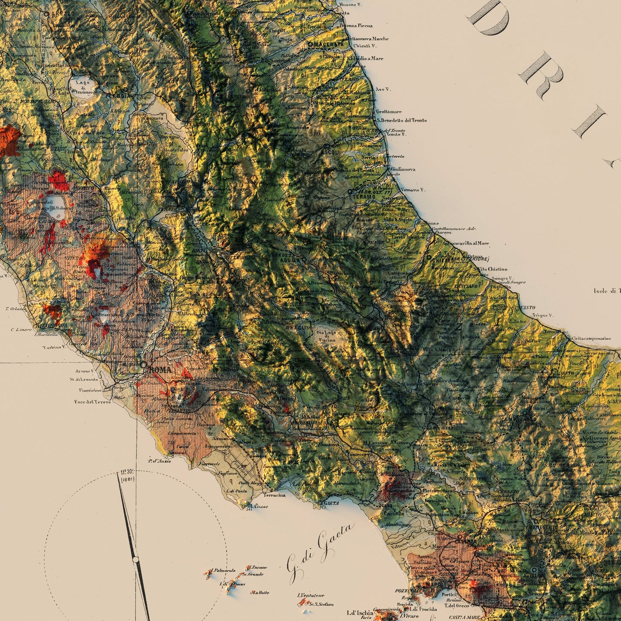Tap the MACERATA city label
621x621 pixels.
329,44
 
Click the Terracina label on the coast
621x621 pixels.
275,495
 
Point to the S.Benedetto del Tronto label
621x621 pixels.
401,120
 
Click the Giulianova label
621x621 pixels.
403,169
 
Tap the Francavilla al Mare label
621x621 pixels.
468,243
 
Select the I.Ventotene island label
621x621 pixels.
311,595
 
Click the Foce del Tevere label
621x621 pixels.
92,402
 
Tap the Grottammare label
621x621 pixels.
389,112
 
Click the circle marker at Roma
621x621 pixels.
143,365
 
